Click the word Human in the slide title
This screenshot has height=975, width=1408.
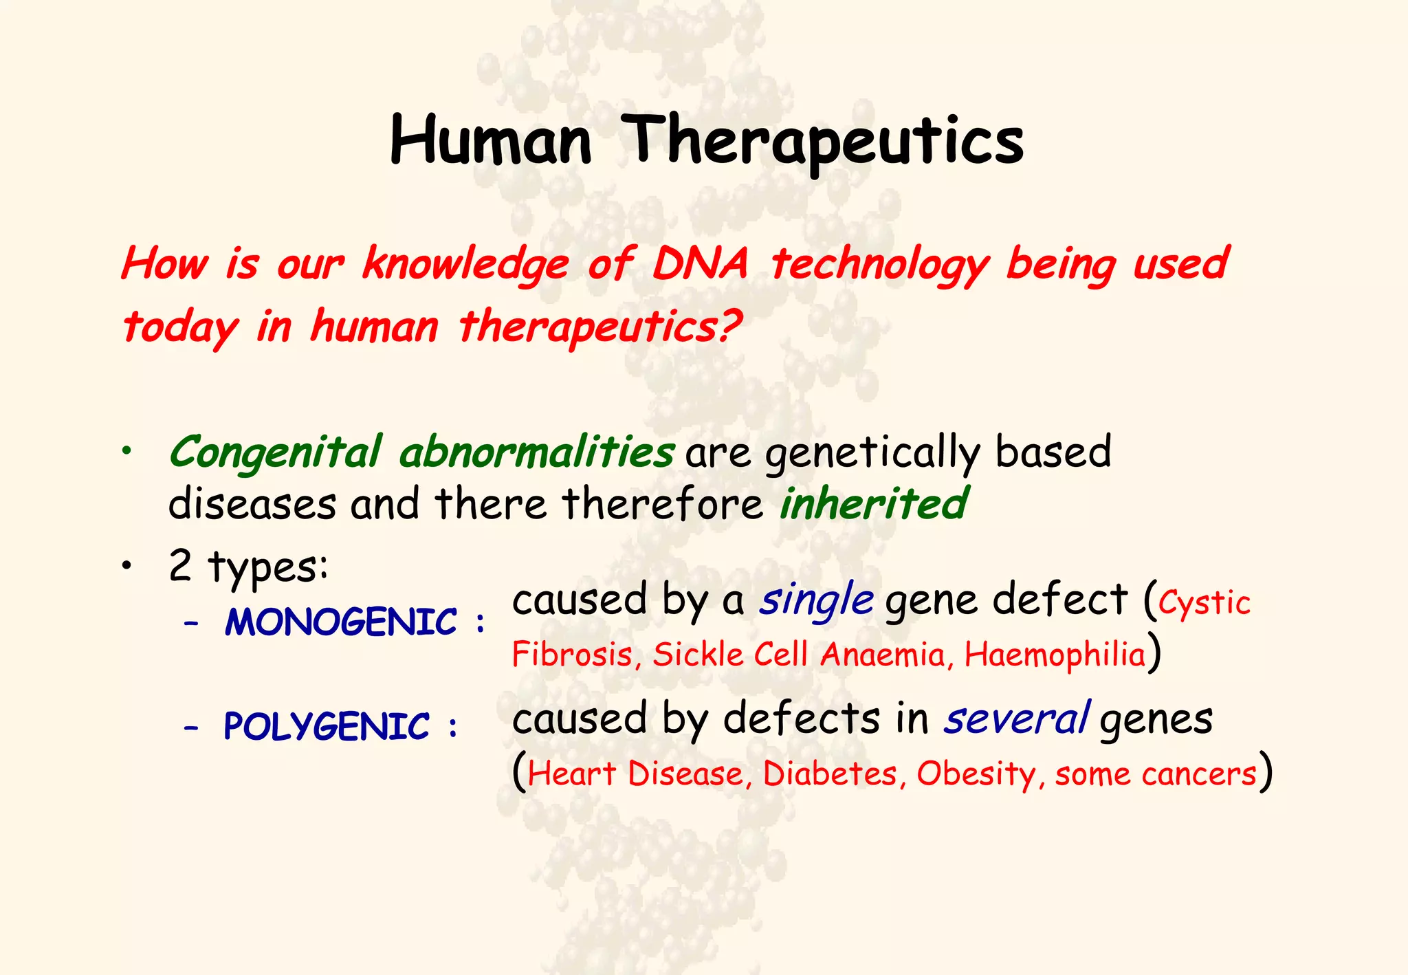pyautogui.click(x=490, y=141)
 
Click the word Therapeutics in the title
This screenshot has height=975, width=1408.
pyautogui.click(x=825, y=141)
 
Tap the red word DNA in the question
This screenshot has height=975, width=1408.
pyautogui.click(x=699, y=264)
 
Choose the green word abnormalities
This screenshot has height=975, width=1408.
pyautogui.click(x=536, y=453)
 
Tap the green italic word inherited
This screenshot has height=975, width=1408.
pyautogui.click(x=873, y=503)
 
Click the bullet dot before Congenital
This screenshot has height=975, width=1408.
pyautogui.click(x=126, y=452)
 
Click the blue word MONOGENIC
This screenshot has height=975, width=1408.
pyautogui.click(x=341, y=622)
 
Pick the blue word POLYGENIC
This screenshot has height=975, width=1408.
pyautogui.click(x=327, y=727)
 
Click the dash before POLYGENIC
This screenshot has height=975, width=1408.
pyautogui.click(x=191, y=727)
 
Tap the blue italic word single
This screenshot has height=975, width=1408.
pyautogui.click(x=816, y=600)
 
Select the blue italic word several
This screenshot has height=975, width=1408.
pyautogui.click(x=1015, y=719)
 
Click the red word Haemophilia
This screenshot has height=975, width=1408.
pyautogui.click(x=1055, y=655)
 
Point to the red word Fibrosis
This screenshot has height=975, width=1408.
pyautogui.click(x=572, y=654)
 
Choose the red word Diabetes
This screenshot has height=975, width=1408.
pyautogui.click(x=830, y=774)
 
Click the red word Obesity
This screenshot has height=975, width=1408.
pyautogui.click(x=976, y=774)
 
